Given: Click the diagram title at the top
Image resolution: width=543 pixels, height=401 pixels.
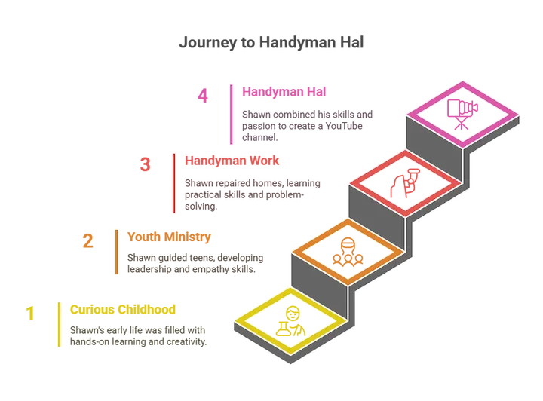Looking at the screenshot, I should pos(271,44).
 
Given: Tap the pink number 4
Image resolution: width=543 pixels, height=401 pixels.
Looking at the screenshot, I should pos(201,95).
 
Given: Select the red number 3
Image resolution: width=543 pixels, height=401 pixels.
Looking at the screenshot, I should pos(146,164).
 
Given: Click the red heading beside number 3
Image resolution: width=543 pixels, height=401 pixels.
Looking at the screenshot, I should pos(234,160).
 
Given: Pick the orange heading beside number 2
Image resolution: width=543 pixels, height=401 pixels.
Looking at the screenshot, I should pos(170,237).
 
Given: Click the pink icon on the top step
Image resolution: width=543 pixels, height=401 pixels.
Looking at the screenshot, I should pos(459,112).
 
